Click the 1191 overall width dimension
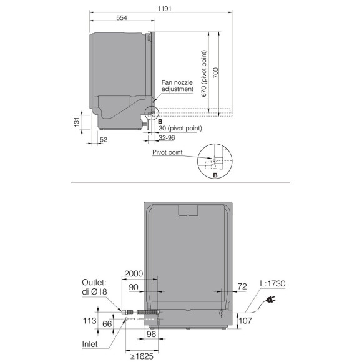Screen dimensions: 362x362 coord(164,9)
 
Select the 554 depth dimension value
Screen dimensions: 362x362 coord(122,17)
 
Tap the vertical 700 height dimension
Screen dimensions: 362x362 coord(215,73)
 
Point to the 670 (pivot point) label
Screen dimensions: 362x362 coord(204,74)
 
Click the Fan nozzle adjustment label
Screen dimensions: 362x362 coord(177,86)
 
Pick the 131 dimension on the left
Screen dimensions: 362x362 coord(76,122)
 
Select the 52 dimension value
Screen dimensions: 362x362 coord(104,139)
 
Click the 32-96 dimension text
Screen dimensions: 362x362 coord(167,137)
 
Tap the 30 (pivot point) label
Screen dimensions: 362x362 coord(180,129)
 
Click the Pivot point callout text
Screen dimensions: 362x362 coord(167,152)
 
